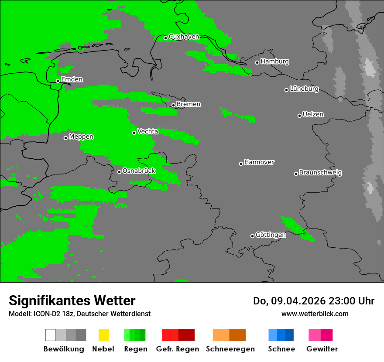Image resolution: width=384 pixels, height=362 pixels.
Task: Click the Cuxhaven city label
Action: tap(184, 37)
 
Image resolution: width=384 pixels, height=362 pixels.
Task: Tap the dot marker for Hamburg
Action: tap(257, 62)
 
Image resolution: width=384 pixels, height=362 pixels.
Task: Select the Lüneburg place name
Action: tap(304, 89)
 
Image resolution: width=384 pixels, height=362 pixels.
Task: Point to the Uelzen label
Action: tap(313, 115)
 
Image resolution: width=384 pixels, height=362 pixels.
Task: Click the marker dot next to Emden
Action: tap(58, 81)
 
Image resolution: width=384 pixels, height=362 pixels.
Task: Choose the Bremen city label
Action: tap(189, 104)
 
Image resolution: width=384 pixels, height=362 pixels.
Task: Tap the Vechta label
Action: tap(147, 131)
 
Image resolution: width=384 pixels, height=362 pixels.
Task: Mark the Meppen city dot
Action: tap(65, 138)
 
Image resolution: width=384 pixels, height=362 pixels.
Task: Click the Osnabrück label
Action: tap(139, 171)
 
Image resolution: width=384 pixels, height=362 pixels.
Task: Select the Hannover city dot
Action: tap(241, 164)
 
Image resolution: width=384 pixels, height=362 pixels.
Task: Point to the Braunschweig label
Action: tap(320, 173)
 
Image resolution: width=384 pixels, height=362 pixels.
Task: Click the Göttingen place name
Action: tap(271, 235)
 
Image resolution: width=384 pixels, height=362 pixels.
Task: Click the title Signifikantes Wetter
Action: tap(72, 301)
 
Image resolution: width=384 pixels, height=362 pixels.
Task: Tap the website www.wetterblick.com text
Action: tap(315, 314)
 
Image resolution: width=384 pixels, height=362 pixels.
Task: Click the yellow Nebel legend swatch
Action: tap(103, 335)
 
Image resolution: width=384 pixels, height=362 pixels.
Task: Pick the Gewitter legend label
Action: tap(322, 349)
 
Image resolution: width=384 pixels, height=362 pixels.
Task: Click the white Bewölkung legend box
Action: tap(51, 335)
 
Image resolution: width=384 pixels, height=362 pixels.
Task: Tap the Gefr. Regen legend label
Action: tap(178, 349)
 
